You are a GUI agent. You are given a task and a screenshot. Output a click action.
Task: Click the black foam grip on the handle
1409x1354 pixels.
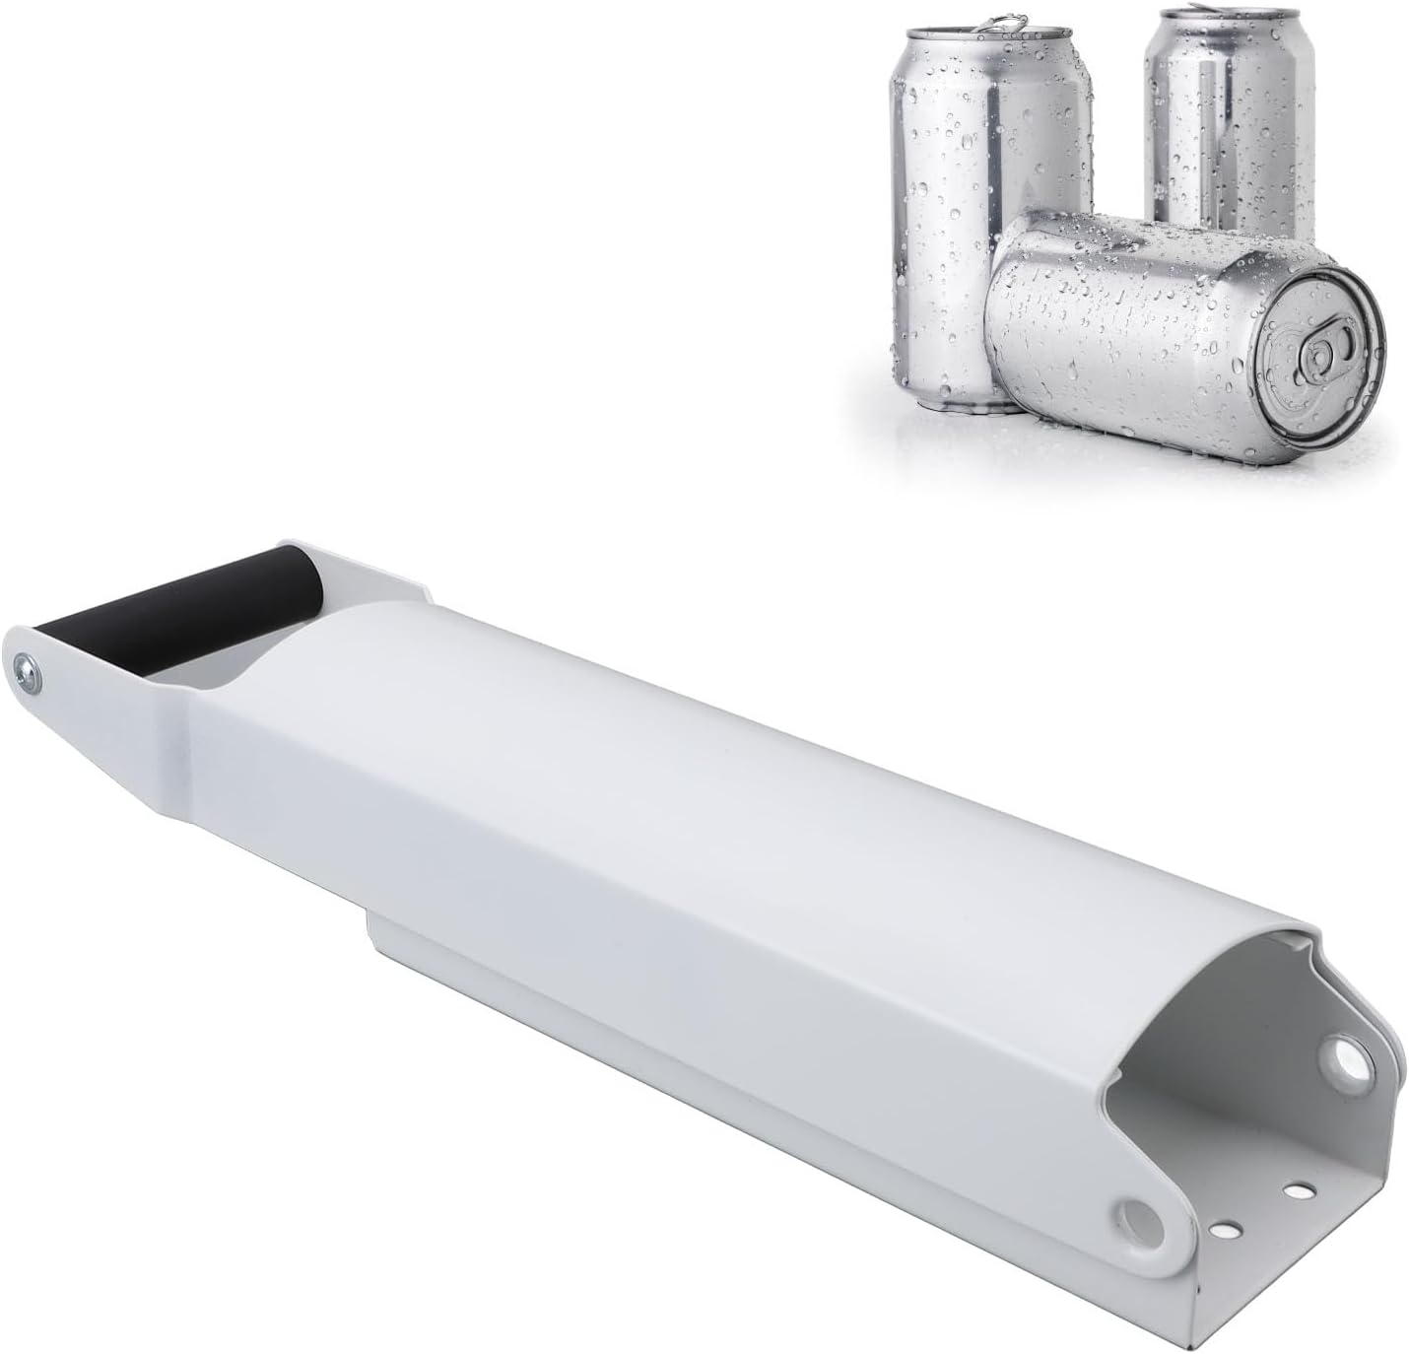pyautogui.click(x=177, y=607)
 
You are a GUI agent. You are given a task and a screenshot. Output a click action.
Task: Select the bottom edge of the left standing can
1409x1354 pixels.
pyautogui.click(x=946, y=399)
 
